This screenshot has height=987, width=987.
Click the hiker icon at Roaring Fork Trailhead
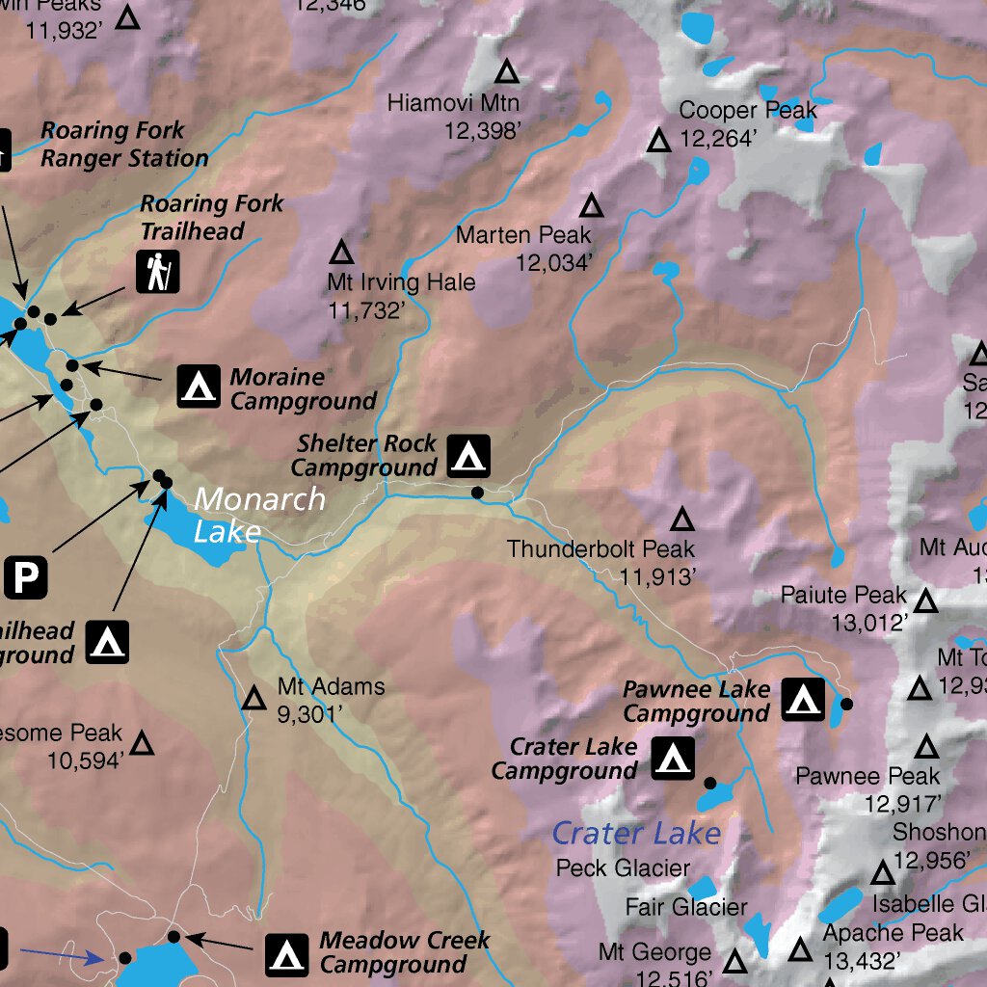click(157, 272)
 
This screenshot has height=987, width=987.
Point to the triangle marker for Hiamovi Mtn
click(507, 71)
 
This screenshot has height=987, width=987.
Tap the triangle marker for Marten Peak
click(591, 205)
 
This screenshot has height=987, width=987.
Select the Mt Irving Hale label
click(401, 282)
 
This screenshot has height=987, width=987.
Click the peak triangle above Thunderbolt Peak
click(682, 520)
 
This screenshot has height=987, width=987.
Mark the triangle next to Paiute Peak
click(926, 601)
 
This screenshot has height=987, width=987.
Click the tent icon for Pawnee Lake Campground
click(802, 700)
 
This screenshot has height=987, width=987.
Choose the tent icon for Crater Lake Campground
click(673, 759)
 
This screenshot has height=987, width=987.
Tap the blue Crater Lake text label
click(636, 833)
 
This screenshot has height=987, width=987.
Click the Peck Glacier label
click(623, 867)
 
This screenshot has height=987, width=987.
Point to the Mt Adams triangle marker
click(253, 699)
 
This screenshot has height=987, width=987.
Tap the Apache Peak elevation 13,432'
click(862, 960)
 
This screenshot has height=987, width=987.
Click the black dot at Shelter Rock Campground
click(477, 493)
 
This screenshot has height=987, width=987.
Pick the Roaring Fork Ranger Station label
click(123, 145)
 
